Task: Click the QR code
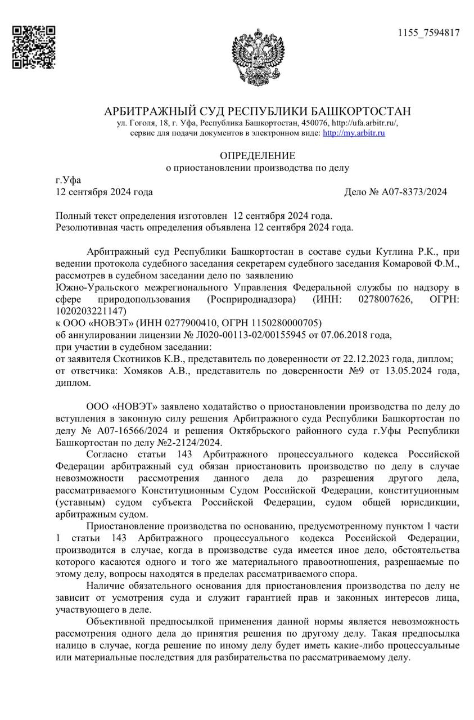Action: pos(34,47)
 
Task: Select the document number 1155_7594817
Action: pos(429,33)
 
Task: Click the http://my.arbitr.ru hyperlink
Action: pos(354,133)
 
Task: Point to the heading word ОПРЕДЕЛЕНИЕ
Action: pos(257,155)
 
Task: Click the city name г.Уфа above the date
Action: pos(68,181)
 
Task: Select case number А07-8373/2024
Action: pos(414,192)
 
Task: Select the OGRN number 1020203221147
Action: pos(92,310)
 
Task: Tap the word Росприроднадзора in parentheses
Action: pos(251,299)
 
